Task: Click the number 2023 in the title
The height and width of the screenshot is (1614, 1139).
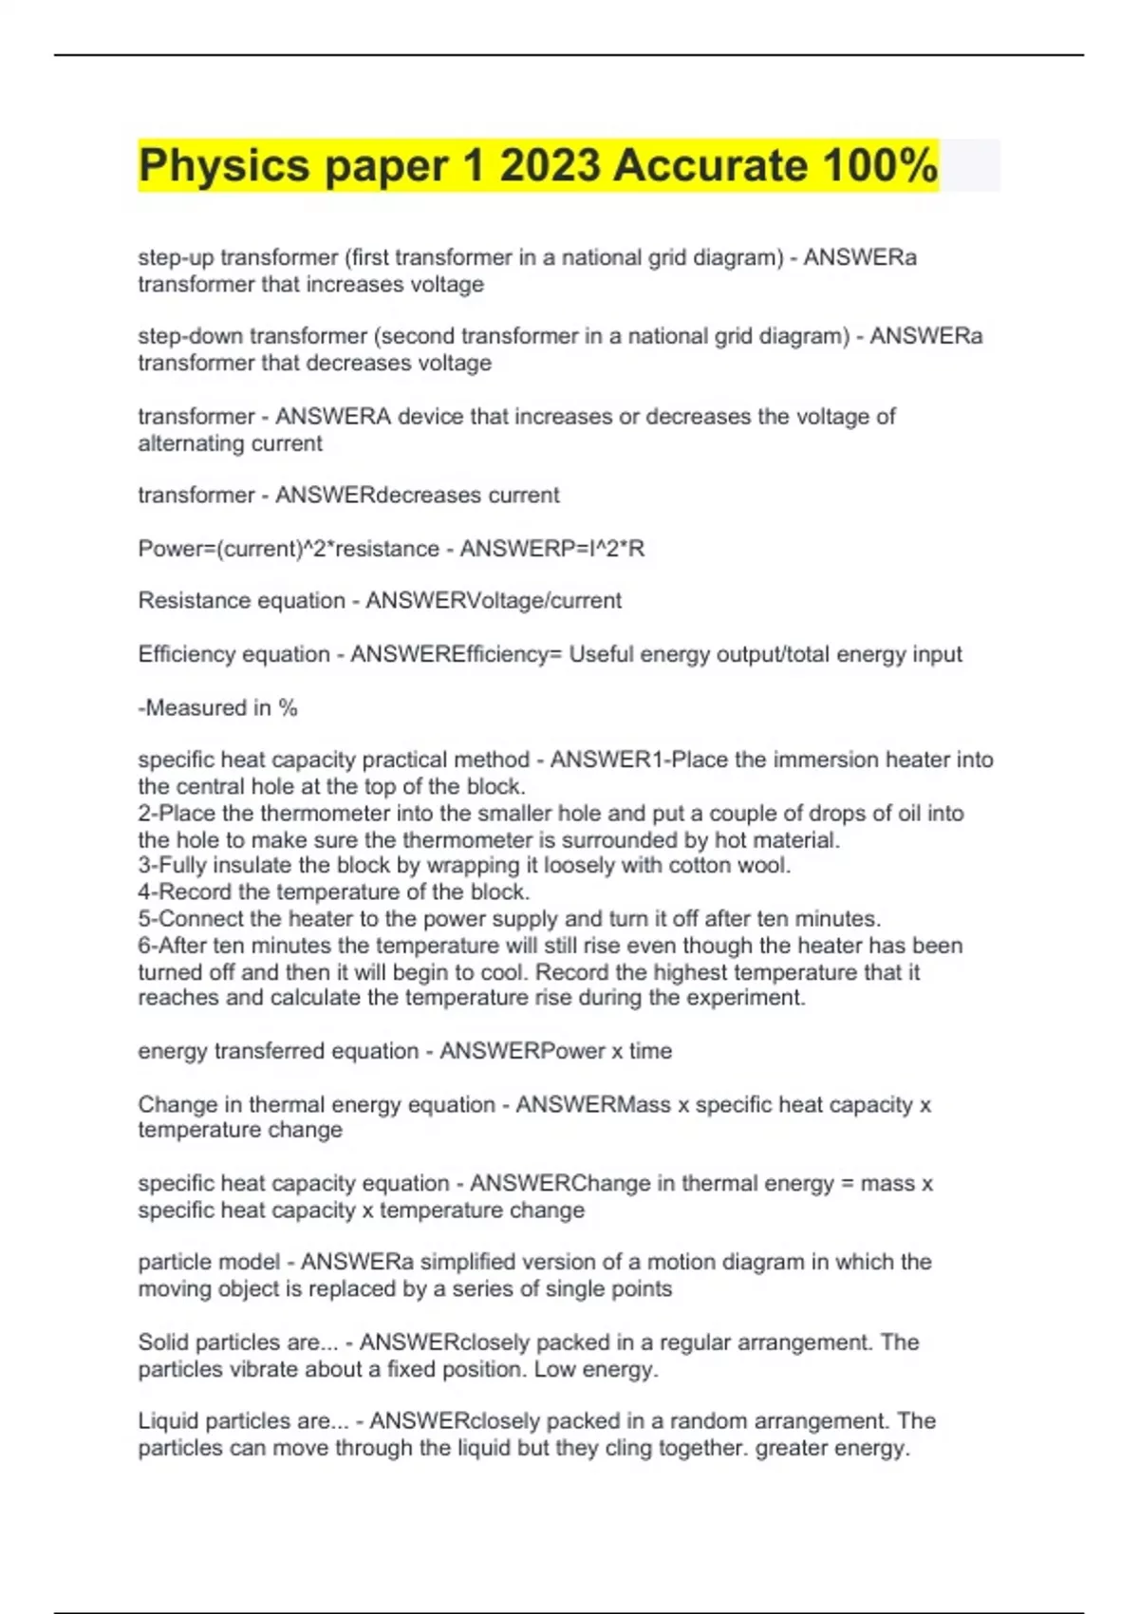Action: pos(550,166)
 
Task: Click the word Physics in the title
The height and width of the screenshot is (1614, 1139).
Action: pos(224,166)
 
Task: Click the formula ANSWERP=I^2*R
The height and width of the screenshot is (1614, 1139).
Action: pos(551,549)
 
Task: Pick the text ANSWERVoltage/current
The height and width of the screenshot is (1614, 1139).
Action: pos(494,601)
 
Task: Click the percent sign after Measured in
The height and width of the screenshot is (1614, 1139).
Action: pos(289,708)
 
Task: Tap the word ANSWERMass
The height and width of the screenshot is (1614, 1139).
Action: pos(593,1105)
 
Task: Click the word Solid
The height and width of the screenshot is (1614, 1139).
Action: pos(161,1342)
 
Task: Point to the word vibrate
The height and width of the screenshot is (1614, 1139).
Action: pos(245,1369)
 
